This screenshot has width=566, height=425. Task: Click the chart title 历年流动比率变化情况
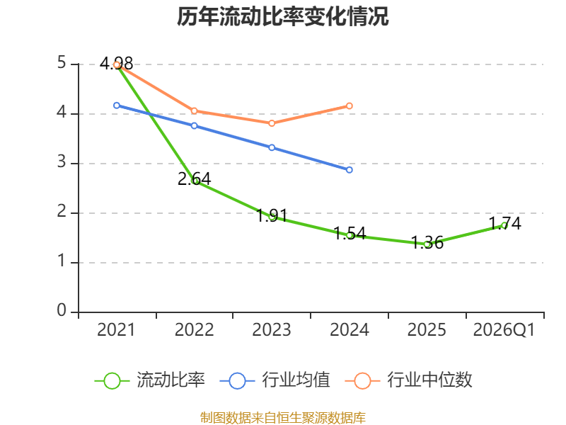click(x=282, y=16)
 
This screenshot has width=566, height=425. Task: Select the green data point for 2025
click(x=427, y=244)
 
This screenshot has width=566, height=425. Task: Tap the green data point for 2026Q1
click(x=504, y=225)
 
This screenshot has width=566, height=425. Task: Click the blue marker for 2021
click(x=117, y=106)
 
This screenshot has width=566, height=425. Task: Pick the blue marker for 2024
click(x=350, y=170)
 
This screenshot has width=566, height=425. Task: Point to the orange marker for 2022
click(x=194, y=111)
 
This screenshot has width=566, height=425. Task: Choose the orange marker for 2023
click(x=272, y=123)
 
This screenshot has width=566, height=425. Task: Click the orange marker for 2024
click(x=350, y=106)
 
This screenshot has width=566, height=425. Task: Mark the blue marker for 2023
click(x=272, y=147)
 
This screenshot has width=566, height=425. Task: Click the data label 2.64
click(x=194, y=178)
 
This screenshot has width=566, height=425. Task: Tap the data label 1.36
click(x=427, y=242)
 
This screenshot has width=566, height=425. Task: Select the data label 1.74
click(x=505, y=223)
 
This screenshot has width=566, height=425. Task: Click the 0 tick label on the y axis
click(x=62, y=310)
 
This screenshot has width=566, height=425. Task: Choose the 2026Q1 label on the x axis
click(x=504, y=329)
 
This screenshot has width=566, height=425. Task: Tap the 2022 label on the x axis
click(x=194, y=329)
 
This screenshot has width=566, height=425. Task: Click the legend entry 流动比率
click(x=150, y=380)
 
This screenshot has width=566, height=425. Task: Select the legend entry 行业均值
click(x=275, y=380)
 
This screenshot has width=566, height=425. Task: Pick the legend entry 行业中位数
click(x=409, y=380)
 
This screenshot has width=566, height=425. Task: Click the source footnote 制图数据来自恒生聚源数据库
click(x=282, y=418)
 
